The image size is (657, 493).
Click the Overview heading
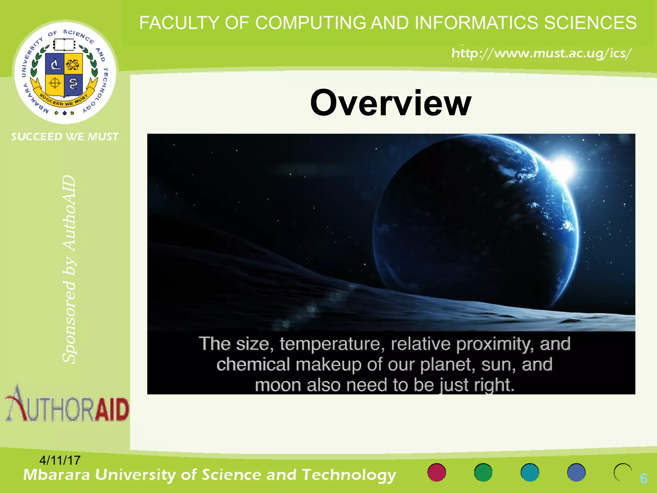[x=390, y=103]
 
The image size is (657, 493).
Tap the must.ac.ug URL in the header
[x=541, y=53]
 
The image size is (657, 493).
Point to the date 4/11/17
[x=60, y=460]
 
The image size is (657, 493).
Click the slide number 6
[x=643, y=478]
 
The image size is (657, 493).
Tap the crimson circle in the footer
[x=437, y=472]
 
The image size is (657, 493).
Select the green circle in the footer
[x=483, y=472]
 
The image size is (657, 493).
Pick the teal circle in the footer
[x=530, y=472]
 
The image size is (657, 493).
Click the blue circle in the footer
[x=576, y=472]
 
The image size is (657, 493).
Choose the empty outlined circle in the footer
[x=622, y=472]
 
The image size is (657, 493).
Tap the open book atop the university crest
[x=64, y=45]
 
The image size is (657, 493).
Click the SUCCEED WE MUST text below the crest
[x=65, y=137]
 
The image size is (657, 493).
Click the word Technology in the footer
[x=349, y=475]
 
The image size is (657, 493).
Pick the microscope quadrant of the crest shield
[x=55, y=63]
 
